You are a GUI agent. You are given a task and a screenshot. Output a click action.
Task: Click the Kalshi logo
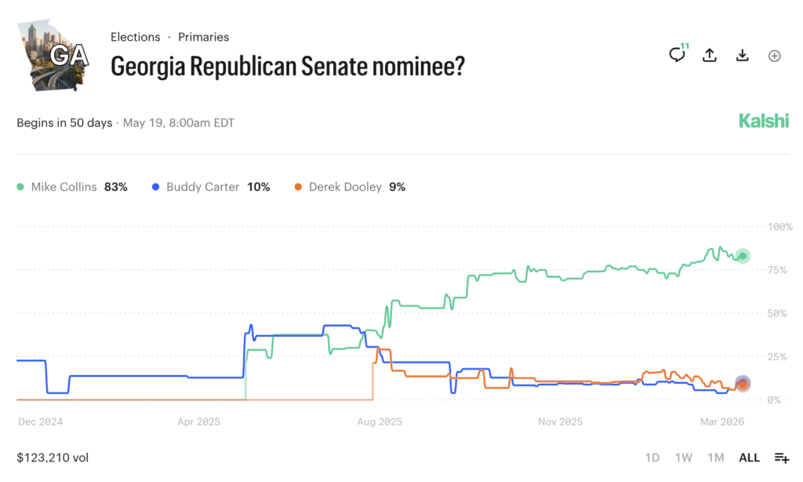point(763,121)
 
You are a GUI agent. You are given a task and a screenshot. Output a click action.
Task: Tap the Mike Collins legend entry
point(71,187)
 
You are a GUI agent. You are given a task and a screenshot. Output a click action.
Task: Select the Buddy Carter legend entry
point(210,187)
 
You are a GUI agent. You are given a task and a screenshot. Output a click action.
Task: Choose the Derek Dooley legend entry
point(349,187)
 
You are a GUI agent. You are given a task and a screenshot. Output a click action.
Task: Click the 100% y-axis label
point(779,227)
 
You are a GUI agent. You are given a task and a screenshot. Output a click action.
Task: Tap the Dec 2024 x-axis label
point(40,422)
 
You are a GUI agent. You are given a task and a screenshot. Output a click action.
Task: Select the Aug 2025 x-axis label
point(379,422)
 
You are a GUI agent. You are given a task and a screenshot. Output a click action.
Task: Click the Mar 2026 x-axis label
point(721,422)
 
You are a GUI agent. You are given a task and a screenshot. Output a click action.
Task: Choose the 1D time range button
point(652,458)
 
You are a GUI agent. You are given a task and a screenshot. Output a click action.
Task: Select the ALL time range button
point(749,458)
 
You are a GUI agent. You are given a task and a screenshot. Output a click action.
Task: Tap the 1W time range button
point(683,458)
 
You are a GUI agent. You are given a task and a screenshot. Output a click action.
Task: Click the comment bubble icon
point(677,55)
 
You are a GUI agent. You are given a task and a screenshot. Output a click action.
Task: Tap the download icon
point(742,55)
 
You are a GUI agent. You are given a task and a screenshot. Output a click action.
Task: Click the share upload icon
point(710,55)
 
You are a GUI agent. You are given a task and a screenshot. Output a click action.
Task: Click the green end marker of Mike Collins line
point(743,256)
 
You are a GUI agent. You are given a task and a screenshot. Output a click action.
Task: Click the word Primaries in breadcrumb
point(203,37)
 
